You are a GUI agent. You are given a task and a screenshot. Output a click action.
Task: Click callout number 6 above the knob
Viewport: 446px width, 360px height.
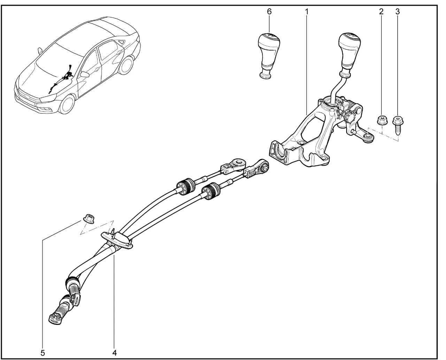coord(269,12)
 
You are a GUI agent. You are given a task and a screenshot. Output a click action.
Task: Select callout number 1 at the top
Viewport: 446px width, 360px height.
coord(307,12)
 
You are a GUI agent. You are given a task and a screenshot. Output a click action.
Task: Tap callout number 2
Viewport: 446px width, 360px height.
coord(381,12)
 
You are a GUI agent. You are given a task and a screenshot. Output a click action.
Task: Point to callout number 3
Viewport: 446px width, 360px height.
coord(398,12)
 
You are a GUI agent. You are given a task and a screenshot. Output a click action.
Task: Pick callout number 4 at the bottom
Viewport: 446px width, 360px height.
coord(114,353)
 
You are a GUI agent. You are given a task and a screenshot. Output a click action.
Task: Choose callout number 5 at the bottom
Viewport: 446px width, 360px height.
coord(43,353)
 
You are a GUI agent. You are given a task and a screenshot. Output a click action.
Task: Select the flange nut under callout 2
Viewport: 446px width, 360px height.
coord(382,120)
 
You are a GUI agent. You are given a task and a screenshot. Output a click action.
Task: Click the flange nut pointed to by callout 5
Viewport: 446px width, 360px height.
coord(89,219)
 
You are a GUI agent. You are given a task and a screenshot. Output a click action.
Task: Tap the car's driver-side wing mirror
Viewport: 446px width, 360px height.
coord(85,74)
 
